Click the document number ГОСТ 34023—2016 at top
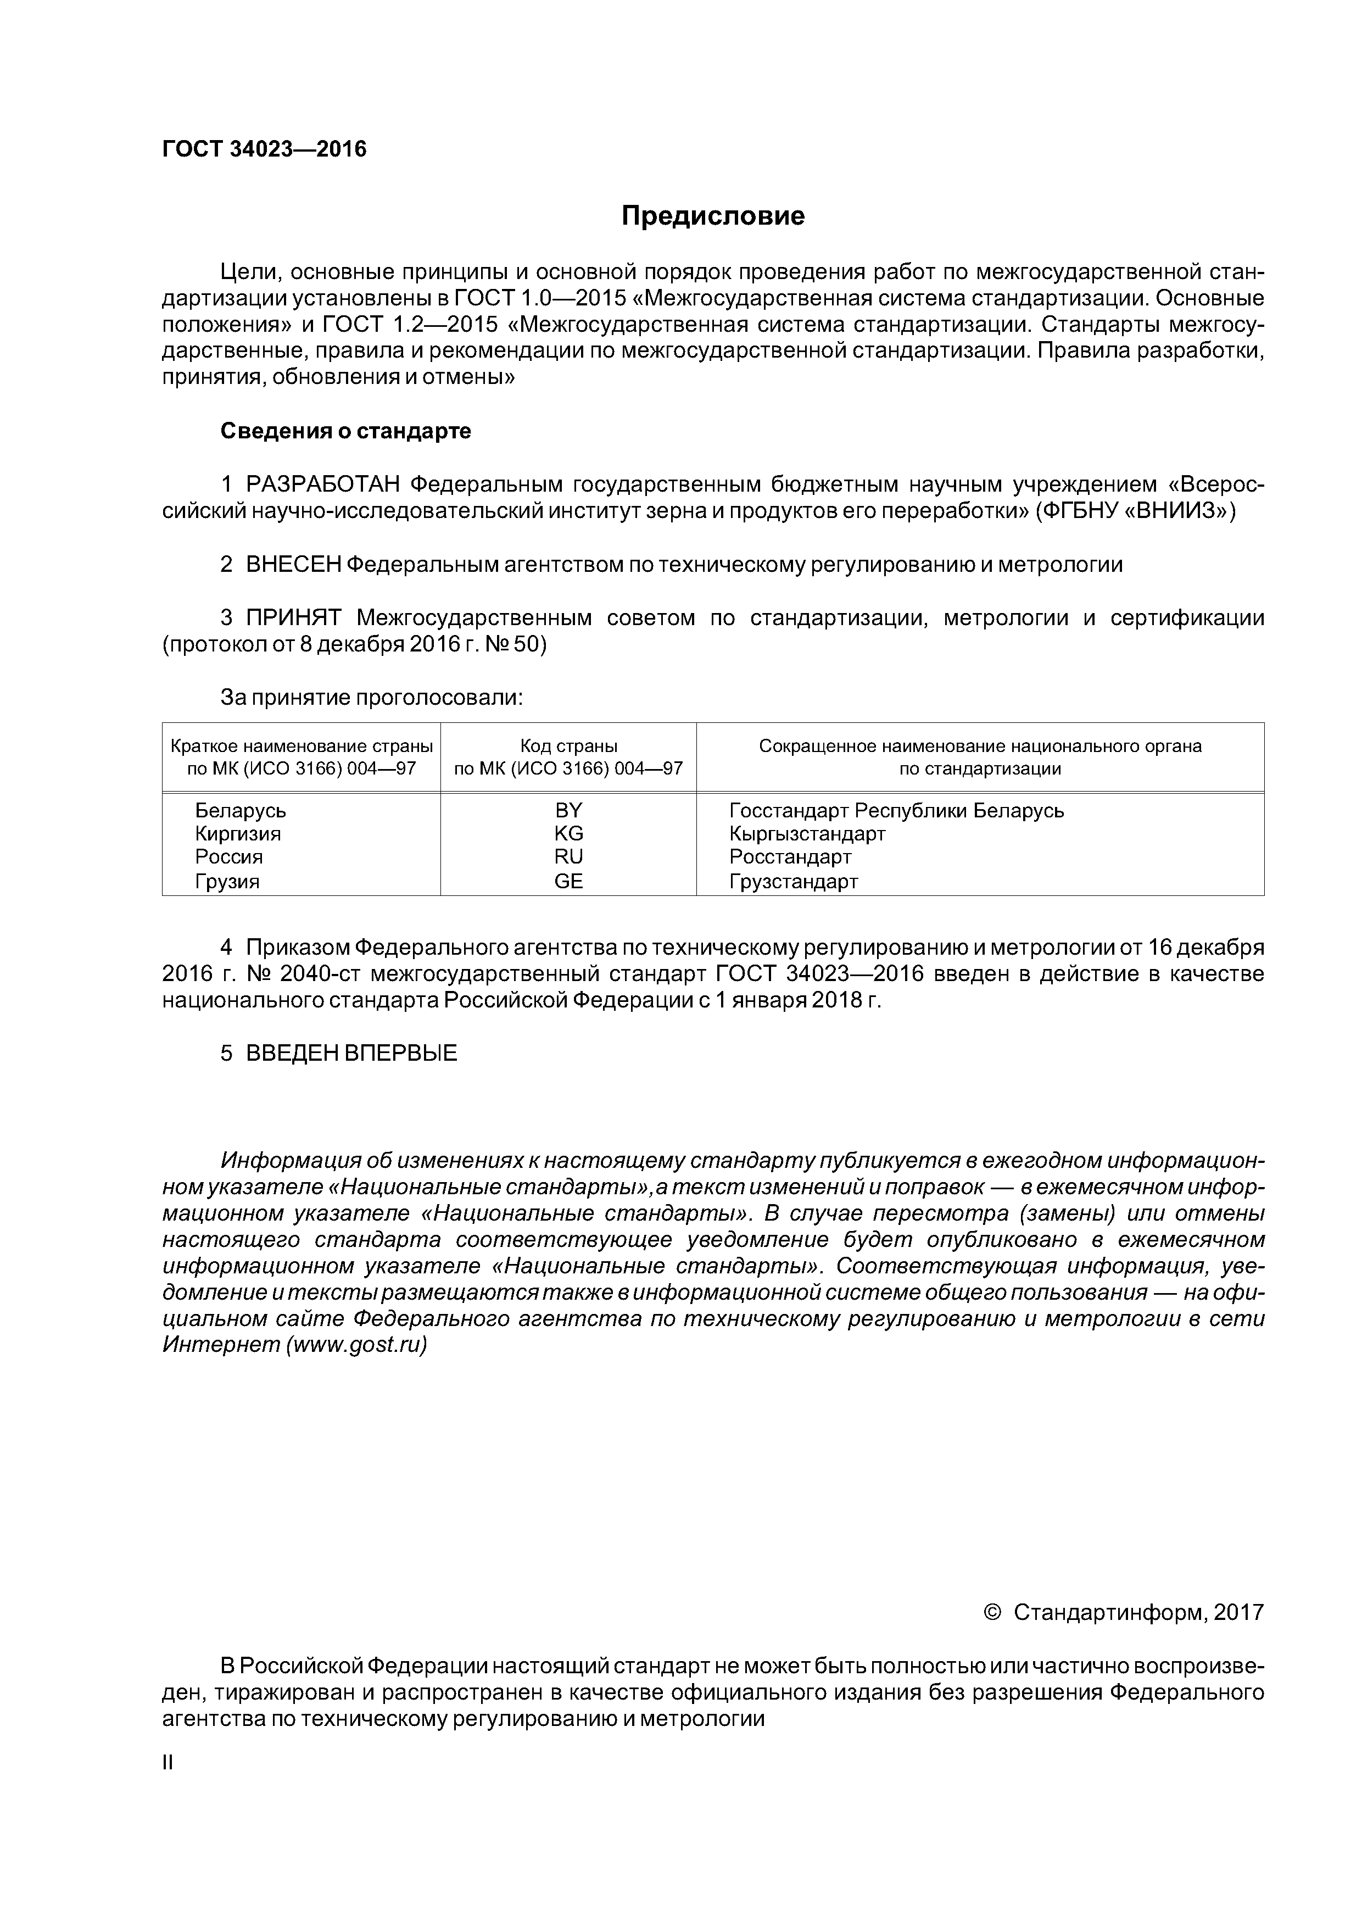[x=264, y=149]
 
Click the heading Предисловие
[x=712, y=216]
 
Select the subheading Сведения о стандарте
[x=346, y=431]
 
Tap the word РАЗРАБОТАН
[x=322, y=484]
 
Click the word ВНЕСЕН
[x=294, y=565]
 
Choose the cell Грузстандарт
[x=793, y=881]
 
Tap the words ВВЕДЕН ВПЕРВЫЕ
[x=351, y=1053]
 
